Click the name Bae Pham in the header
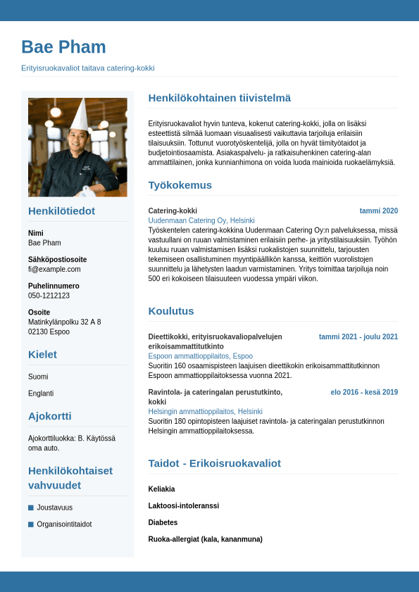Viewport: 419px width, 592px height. pyautogui.click(x=63, y=47)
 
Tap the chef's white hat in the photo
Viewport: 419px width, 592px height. pyautogui.click(x=78, y=115)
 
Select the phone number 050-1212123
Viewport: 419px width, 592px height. pyautogui.click(x=49, y=296)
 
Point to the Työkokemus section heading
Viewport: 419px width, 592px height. pyautogui.click(x=180, y=185)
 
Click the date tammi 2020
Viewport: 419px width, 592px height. pyautogui.click(x=378, y=210)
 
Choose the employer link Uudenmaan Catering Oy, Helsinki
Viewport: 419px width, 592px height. pyautogui.click(x=201, y=220)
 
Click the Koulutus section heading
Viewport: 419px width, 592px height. pyautogui.click(x=170, y=310)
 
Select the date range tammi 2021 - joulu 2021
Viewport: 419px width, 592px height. pyautogui.click(x=358, y=336)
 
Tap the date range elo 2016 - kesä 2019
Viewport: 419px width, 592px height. pyautogui.click(x=364, y=392)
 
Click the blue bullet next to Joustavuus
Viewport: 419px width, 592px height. pyautogui.click(x=31, y=508)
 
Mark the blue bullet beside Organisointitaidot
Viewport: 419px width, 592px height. pyautogui.click(x=31, y=524)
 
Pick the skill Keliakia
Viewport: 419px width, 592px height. pyautogui.click(x=161, y=489)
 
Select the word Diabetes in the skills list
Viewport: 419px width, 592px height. pyautogui.click(x=163, y=522)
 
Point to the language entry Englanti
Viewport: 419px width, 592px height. pyautogui.click(x=41, y=393)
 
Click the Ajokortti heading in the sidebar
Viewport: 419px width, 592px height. pyautogui.click(x=49, y=415)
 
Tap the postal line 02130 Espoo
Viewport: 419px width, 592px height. pyautogui.click(x=49, y=332)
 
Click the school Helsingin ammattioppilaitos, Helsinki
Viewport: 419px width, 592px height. pyautogui.click(x=205, y=411)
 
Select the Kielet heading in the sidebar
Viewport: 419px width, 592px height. pyautogui.click(x=42, y=354)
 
